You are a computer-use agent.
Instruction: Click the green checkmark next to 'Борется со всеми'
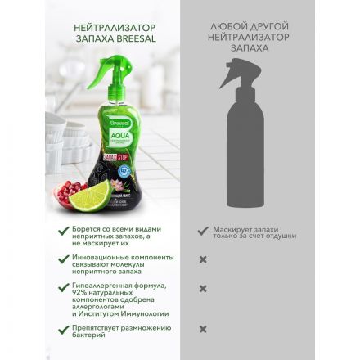[x=64, y=232]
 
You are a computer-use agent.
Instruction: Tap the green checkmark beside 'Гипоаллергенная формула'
[x=64, y=287]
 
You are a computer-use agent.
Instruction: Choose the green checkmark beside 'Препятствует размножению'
[x=64, y=329]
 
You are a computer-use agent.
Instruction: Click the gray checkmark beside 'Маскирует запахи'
[x=203, y=232]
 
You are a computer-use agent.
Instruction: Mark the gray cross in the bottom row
[x=203, y=329]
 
